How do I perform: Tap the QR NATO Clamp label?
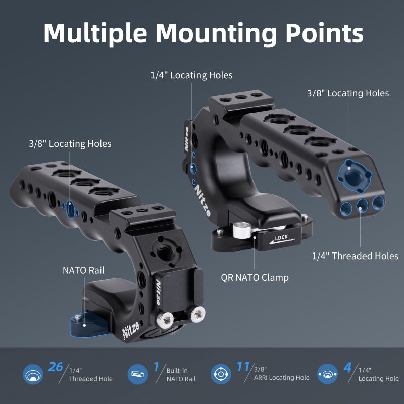pos(255,278)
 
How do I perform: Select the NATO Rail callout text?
pos(83,270)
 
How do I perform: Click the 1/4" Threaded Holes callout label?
pos(355,256)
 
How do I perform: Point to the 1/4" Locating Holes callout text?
pos(191,75)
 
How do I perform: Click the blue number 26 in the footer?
pos(56,367)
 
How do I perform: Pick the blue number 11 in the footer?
pos(243,367)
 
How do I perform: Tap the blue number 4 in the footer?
pos(347,368)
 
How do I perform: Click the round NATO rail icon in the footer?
pos(138,374)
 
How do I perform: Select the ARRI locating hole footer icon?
pos(221,374)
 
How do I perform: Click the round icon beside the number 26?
pos(33,374)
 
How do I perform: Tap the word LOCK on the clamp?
pos(281,237)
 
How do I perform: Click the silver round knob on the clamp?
pos(241,230)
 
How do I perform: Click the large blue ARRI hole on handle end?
pos(355,176)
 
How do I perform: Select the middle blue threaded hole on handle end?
pos(362,206)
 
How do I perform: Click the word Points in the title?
pos(324,33)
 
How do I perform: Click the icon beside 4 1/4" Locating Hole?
pos(327,374)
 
